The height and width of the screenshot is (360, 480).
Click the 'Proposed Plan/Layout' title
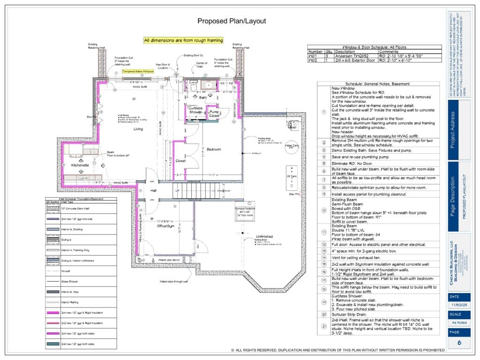(232, 21)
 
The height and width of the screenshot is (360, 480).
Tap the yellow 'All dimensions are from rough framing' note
(183, 40)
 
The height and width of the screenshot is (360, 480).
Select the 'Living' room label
(138, 128)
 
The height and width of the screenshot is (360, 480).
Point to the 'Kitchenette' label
(80, 165)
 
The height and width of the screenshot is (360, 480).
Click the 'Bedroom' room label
(214, 150)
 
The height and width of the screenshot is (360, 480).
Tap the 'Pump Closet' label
(215, 114)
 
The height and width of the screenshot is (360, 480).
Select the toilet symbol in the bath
(193, 86)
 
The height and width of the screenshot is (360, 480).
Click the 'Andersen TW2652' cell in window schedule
(351, 56)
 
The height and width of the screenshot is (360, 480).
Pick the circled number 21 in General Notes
(323, 327)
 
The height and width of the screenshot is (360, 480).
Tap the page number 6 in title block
(459, 343)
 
